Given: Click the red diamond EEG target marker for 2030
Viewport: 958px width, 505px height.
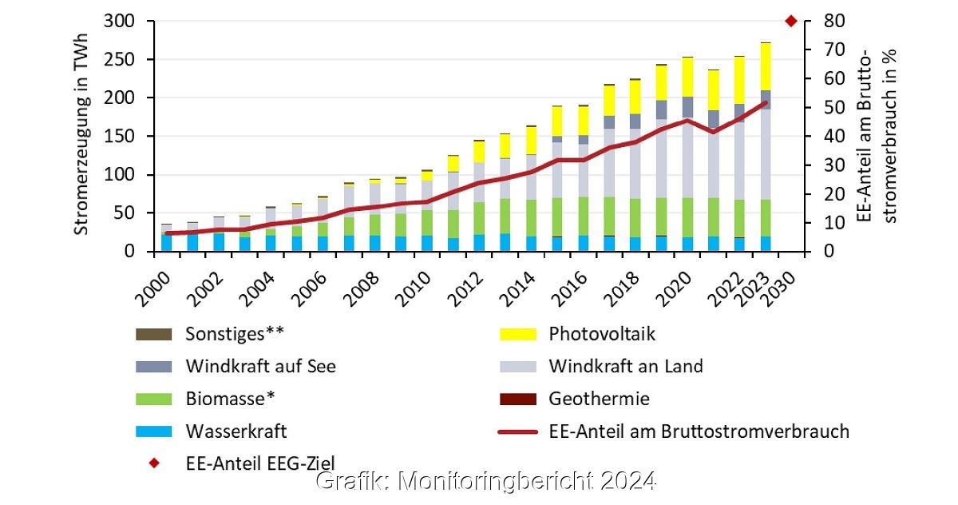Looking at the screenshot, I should [791, 21].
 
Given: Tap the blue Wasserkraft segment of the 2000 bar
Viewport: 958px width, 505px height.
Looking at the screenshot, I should [167, 242].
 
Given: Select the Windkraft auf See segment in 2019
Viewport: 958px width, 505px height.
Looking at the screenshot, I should [661, 110].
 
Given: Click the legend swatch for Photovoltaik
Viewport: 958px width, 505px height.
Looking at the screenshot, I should [517, 334].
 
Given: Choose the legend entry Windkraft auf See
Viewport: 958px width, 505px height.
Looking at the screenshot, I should [260, 367].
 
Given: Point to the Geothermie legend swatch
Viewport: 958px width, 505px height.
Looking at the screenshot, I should [517, 399].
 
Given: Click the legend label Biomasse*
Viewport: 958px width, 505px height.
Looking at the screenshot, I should [235, 399].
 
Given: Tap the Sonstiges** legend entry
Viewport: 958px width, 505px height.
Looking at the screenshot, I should [235, 334].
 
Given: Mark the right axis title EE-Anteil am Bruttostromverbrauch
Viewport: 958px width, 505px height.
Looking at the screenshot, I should [879, 136].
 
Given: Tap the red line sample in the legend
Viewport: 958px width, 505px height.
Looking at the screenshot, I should [517, 431].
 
